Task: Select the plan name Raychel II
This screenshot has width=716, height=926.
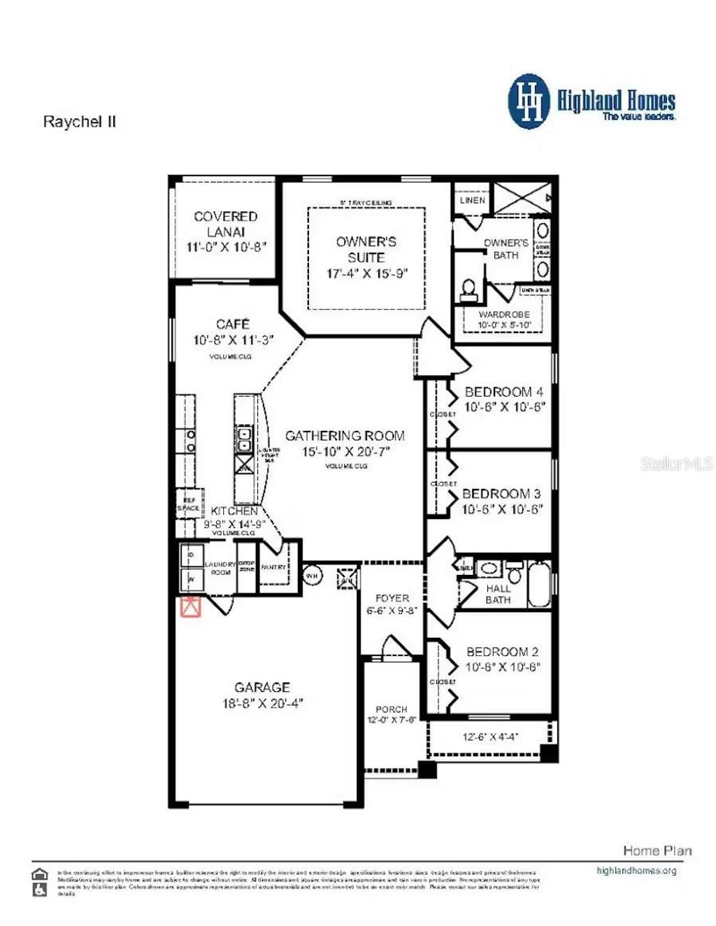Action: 80,122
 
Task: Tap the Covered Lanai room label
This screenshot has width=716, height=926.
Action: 225,224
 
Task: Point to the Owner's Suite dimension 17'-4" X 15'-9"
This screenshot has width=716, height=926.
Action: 366,273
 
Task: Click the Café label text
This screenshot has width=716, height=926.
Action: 233,325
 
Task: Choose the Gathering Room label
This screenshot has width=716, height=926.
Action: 345,436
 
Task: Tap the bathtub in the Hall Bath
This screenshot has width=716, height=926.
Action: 540,583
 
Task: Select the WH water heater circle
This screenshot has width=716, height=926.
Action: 312,576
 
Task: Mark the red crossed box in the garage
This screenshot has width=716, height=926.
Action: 191,607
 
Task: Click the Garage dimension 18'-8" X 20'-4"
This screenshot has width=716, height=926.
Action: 262,704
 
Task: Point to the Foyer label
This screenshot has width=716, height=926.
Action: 392,599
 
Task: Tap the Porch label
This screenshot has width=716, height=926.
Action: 391,709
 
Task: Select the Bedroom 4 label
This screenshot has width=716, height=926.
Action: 503,392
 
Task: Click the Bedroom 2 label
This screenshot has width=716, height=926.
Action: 502,652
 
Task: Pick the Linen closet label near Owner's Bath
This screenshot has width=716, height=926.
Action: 473,200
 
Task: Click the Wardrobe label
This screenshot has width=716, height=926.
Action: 503,315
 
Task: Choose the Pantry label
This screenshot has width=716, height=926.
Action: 273,567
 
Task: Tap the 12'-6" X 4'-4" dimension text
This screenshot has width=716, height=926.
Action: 490,736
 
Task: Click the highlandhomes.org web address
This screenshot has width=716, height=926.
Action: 636,871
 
